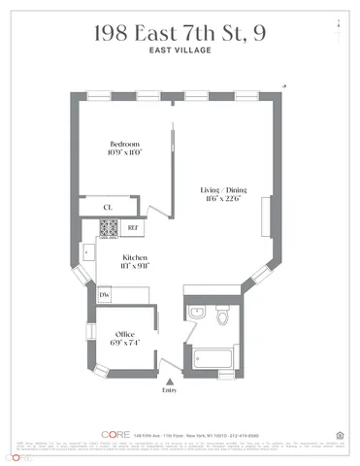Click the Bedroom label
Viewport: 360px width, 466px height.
(124, 145)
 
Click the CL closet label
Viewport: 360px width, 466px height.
(109, 206)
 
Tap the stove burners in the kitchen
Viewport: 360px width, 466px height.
(109, 228)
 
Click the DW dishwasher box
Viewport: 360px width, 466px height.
(104, 294)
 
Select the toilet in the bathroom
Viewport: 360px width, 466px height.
(222, 316)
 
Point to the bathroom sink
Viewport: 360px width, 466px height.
(196, 314)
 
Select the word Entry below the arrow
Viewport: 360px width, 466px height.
(172, 393)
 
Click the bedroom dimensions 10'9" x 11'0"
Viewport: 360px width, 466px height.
(124, 152)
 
